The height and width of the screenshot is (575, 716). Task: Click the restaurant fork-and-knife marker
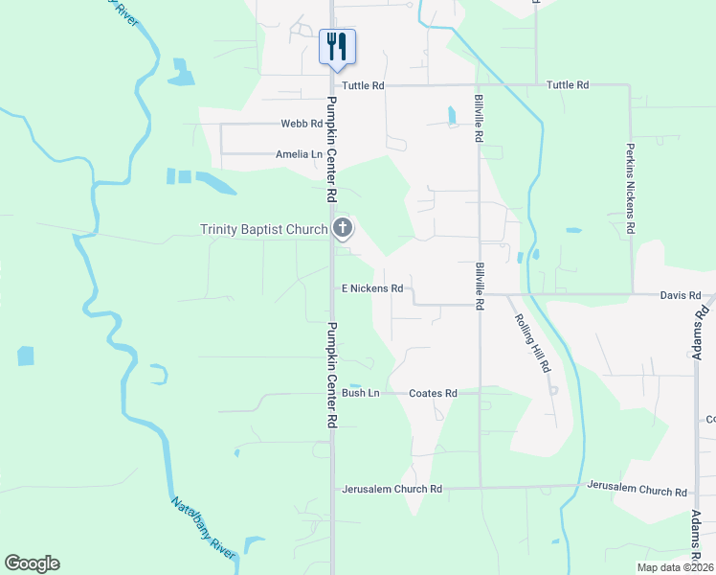tap(337, 46)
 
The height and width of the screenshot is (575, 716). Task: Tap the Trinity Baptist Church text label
tap(263, 229)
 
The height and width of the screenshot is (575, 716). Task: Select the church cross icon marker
tap(342, 228)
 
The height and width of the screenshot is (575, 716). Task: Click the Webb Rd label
tap(302, 124)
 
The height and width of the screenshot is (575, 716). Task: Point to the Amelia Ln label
tap(299, 153)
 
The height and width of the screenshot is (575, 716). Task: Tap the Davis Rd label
tap(681, 294)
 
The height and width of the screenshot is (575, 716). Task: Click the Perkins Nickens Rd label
tap(630, 190)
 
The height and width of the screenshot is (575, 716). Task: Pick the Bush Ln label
tap(361, 393)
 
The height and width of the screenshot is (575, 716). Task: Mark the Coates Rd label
tap(433, 393)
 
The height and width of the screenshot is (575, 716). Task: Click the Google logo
tap(32, 563)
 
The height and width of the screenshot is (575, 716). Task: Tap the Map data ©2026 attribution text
tap(675, 567)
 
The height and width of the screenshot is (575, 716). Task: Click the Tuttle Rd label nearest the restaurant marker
tap(364, 85)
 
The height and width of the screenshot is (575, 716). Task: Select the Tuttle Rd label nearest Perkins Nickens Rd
tap(568, 85)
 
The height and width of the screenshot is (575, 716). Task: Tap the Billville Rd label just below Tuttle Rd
tap(479, 119)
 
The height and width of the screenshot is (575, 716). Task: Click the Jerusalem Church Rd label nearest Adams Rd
tap(638, 490)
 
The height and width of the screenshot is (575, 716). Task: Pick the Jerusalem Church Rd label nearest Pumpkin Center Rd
tap(392, 489)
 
